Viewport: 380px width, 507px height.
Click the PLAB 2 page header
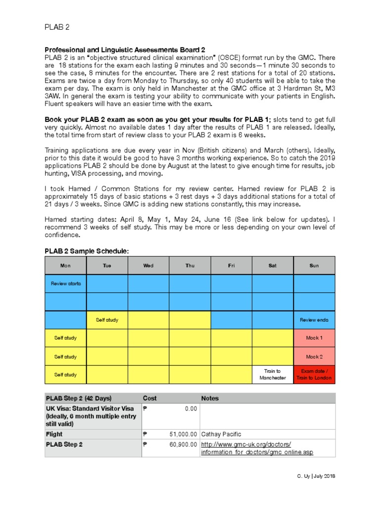click(x=55, y=28)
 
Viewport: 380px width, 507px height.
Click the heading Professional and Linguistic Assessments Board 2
click(x=125, y=50)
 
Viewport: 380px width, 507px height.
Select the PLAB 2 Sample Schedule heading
click(x=87, y=252)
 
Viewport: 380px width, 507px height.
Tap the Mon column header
click(x=65, y=266)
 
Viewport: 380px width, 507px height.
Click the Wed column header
click(x=148, y=266)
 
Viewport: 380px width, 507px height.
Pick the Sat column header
click(x=273, y=266)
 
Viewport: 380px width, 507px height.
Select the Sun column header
click(x=314, y=266)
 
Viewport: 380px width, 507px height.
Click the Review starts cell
click(x=65, y=284)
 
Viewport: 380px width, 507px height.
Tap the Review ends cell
click(x=314, y=320)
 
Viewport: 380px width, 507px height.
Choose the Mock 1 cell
click(x=314, y=338)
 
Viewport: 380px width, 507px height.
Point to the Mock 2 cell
click(x=314, y=356)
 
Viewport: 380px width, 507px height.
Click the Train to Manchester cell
click(x=273, y=374)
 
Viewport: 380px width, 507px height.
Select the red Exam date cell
click(x=314, y=374)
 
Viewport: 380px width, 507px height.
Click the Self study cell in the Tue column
click(x=107, y=320)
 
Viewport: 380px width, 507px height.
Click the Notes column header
click(x=210, y=398)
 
